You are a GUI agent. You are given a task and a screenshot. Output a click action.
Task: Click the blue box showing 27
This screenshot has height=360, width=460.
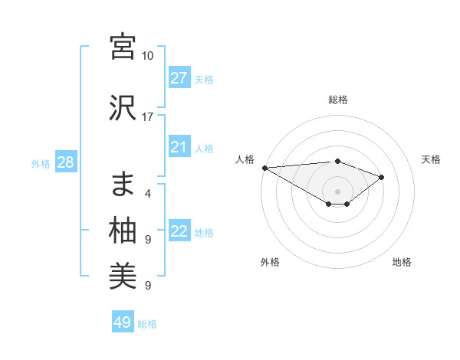179,78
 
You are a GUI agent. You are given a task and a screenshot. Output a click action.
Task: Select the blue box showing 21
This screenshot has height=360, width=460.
179,148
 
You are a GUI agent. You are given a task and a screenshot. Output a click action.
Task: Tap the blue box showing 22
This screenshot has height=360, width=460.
179,232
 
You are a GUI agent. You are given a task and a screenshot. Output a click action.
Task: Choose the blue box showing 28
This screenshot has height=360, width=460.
65,162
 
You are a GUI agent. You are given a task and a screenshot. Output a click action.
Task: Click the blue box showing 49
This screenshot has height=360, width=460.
123,322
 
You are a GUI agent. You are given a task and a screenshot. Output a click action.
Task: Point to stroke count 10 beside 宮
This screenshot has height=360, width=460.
147,56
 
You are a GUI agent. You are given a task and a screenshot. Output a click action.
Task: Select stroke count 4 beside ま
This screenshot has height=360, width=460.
147,194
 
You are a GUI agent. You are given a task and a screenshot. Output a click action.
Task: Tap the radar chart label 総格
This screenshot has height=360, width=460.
337,100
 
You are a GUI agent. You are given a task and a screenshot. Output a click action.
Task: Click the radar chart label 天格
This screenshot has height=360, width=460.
431,159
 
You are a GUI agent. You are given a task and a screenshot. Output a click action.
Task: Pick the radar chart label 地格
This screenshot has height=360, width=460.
402,262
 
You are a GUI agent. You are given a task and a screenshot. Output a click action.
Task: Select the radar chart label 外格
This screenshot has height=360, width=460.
270,262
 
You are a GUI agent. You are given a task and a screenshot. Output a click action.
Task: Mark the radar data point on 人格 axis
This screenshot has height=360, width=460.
264,167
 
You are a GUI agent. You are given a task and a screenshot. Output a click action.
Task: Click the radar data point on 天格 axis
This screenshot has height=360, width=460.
381,177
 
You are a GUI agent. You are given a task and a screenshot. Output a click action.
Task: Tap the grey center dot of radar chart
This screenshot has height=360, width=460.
337,191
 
